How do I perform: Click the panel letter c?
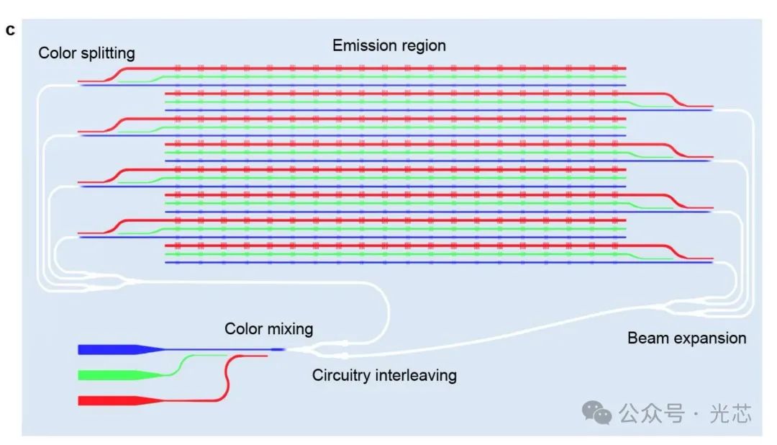tap(10, 30)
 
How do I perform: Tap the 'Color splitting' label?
tap(86, 53)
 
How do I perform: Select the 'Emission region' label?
tap(388, 45)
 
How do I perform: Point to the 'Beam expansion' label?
tap(686, 338)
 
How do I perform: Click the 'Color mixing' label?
tap(269, 329)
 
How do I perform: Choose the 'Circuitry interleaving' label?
tap(384, 375)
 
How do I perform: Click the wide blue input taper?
tap(115, 350)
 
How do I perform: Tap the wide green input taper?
tap(115, 375)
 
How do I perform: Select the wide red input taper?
tap(115, 400)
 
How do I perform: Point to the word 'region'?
tap(422, 45)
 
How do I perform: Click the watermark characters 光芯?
tap(730, 413)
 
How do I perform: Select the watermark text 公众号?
tap(649, 413)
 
